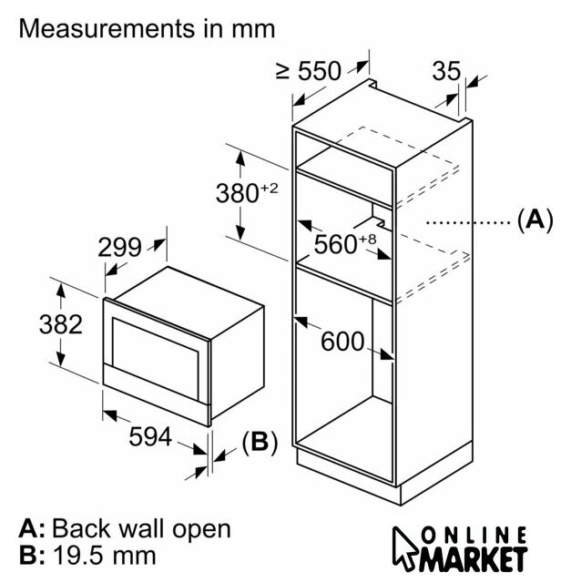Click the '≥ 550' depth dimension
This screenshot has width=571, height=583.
(308, 70)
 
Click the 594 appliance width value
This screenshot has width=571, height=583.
(150, 436)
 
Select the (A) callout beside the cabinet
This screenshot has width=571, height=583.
(535, 220)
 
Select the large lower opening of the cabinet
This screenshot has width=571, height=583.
(346, 383)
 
